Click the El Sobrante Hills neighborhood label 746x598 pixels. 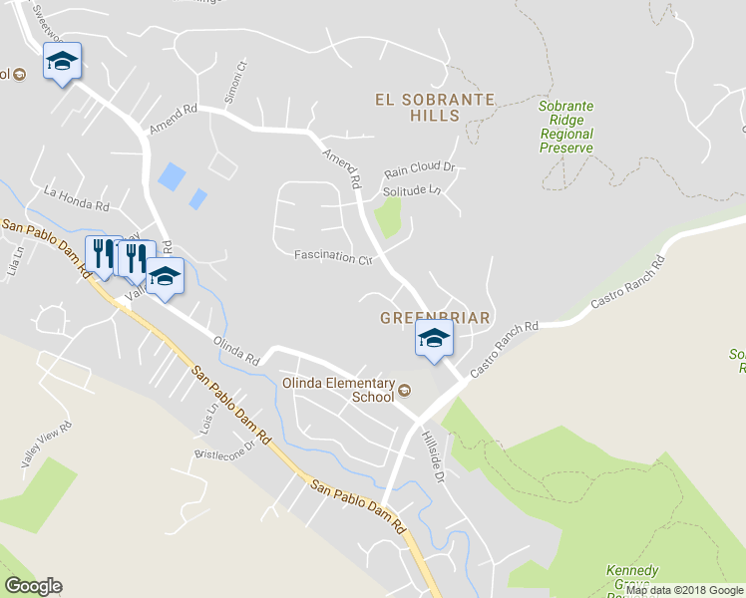coord(434,107)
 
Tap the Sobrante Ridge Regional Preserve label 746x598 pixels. coord(565,127)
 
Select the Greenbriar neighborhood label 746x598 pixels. coord(435,318)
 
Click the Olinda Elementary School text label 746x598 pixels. coord(338,390)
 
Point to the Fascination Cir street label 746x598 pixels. coord(332,257)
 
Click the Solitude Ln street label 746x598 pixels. coord(412,189)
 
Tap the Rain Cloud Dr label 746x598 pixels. coord(419,168)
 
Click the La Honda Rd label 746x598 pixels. coord(76,197)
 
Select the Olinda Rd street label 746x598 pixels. coord(236,349)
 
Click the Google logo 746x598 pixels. coord(33,586)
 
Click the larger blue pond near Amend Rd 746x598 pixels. coord(171,177)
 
